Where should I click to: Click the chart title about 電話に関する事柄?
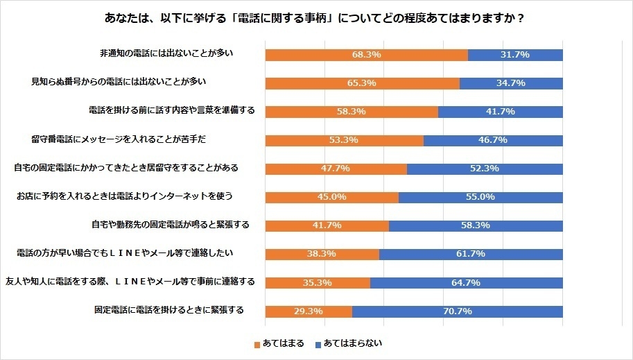click(x=316, y=19)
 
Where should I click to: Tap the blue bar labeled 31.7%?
click(x=515, y=55)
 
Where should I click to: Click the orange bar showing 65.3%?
click(x=362, y=83)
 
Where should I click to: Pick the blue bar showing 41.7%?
click(x=500, y=112)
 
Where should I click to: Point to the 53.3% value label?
click(x=344, y=140)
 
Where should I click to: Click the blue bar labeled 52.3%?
click(x=485, y=169)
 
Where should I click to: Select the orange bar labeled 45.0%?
click(x=331, y=197)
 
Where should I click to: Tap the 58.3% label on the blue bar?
click(x=476, y=225)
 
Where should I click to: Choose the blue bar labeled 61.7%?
click(x=471, y=254)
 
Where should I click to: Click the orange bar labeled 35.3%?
click(x=318, y=282)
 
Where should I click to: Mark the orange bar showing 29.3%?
click(x=309, y=311)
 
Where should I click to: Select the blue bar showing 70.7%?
click(x=458, y=311)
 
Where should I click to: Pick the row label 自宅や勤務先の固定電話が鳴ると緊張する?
click(x=170, y=225)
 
